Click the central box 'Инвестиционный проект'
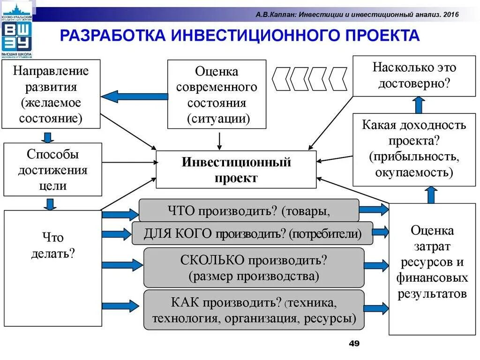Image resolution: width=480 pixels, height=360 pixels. (236, 169)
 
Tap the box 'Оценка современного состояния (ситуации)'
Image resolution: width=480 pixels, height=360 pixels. (217, 94)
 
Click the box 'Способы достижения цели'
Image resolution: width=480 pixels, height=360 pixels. (52, 169)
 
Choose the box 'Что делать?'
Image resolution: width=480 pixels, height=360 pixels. (52, 268)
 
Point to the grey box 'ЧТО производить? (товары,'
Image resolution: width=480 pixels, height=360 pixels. (249, 210)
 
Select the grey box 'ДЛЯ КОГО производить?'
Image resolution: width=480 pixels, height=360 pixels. (252, 233)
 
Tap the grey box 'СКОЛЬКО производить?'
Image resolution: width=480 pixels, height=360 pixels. (254, 267)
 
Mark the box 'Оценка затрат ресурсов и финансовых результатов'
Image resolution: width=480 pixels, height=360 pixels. (432, 269)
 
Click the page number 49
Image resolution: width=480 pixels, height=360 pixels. (354, 344)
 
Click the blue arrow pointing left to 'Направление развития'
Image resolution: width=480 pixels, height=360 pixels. (134, 97)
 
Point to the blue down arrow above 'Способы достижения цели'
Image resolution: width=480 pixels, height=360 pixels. (47, 136)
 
